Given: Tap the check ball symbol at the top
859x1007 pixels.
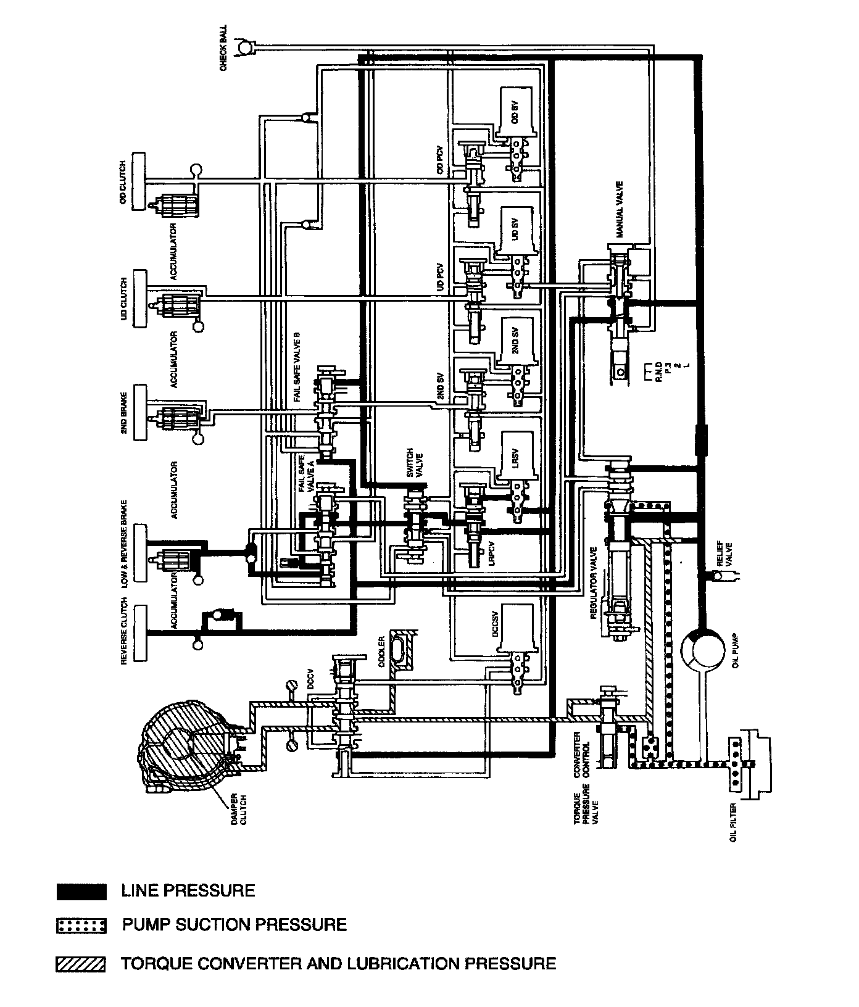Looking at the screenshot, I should (x=246, y=46).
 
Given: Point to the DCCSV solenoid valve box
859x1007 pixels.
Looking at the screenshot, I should (x=515, y=629).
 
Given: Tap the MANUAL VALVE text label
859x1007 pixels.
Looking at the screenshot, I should (x=620, y=210).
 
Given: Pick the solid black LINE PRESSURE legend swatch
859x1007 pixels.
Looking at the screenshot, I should (x=81, y=892).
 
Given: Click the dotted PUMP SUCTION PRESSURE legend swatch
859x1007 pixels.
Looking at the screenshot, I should (x=81, y=926).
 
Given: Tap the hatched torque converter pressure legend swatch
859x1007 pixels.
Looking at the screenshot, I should (x=81, y=964).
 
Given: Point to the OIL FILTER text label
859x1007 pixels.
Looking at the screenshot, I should (x=733, y=823).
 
